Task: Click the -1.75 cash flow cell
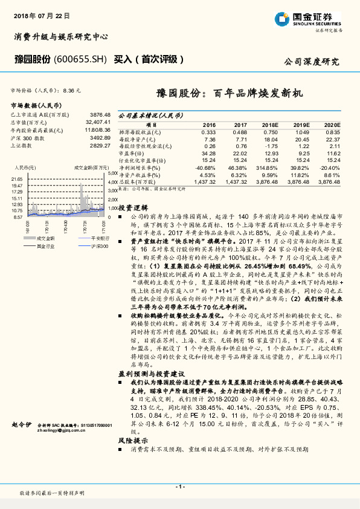click(x=271, y=145)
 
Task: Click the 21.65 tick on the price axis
click(x=17, y=179)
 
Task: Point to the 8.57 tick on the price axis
click(x=18, y=216)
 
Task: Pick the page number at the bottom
click(x=180, y=487)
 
